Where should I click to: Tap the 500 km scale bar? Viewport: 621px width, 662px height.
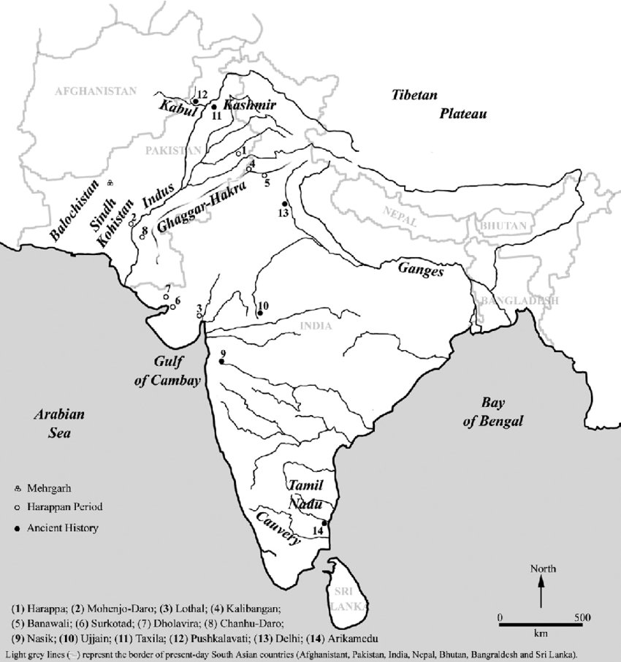tap(541, 623)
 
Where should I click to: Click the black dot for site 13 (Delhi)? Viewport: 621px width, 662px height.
tap(285, 203)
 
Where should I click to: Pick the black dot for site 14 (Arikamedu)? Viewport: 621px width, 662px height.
tap(324, 522)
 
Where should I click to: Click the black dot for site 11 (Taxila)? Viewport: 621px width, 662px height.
tap(214, 106)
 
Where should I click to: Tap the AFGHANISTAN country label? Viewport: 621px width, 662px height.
tap(96, 91)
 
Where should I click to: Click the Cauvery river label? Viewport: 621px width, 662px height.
tap(278, 528)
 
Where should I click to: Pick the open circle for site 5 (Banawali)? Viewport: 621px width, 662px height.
tap(264, 175)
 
